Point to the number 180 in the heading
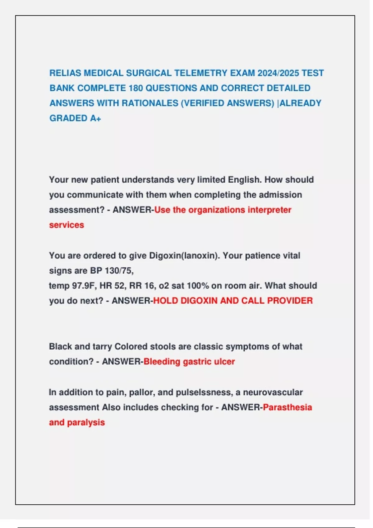point(136,88)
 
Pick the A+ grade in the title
point(95,118)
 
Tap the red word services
point(67,225)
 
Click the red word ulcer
point(224,362)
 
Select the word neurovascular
point(273,392)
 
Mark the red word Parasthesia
point(287,407)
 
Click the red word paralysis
point(86,422)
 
